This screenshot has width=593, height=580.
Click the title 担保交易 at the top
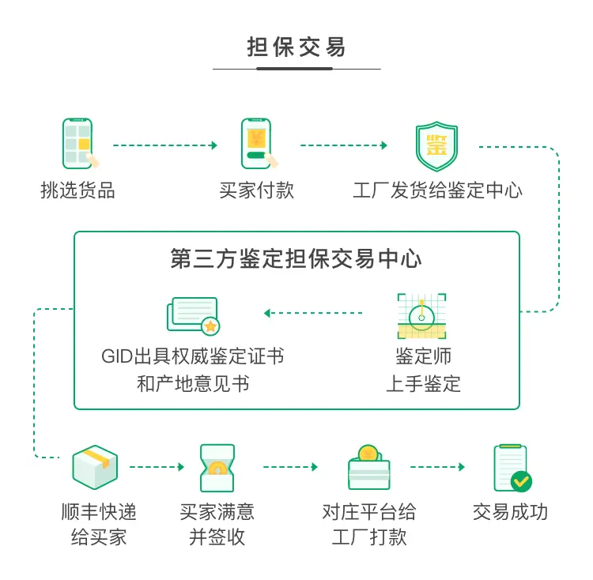pyautogui.click(x=296, y=47)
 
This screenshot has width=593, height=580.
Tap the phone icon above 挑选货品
pyautogui.click(x=79, y=144)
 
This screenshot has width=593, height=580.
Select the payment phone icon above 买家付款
pyautogui.click(x=259, y=144)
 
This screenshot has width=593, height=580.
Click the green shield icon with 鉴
pyautogui.click(x=436, y=146)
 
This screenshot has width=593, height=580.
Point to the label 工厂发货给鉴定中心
pyautogui.click(x=437, y=190)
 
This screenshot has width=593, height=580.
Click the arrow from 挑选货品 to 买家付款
pyautogui.click(x=165, y=145)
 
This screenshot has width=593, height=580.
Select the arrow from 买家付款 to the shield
pyautogui.click(x=344, y=145)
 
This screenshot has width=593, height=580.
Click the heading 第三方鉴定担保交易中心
pyautogui.click(x=296, y=259)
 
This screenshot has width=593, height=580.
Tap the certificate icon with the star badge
pyautogui.click(x=193, y=316)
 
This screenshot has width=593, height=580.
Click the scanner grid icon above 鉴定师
pyautogui.click(x=421, y=316)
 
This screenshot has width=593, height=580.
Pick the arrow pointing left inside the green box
pyautogui.click(x=313, y=313)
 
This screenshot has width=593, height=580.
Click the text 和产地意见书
pyautogui.click(x=193, y=384)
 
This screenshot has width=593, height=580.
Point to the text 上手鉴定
pyautogui.click(x=423, y=384)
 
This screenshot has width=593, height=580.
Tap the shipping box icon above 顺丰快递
pyautogui.click(x=95, y=467)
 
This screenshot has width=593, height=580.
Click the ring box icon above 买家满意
pyautogui.click(x=217, y=468)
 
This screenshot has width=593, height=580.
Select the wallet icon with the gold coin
pyautogui.click(x=368, y=467)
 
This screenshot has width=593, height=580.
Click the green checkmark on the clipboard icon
pyautogui.click(x=521, y=481)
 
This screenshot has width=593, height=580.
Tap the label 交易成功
pyautogui.click(x=510, y=512)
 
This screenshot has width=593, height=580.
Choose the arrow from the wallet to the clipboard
pyautogui.click(x=437, y=467)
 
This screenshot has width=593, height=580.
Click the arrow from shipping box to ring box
pyautogui.click(x=157, y=467)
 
